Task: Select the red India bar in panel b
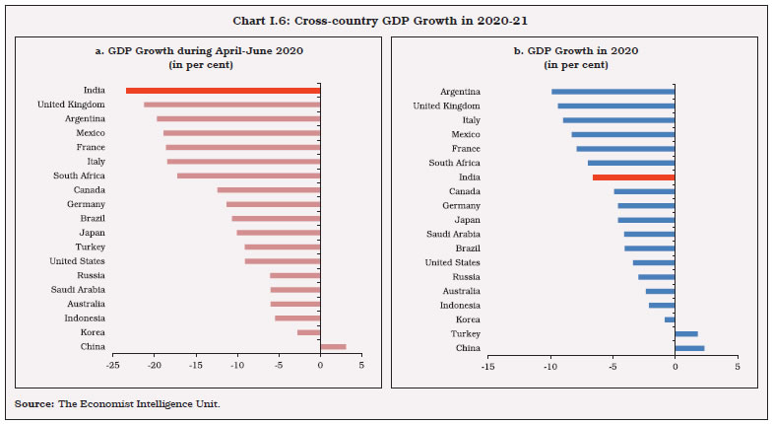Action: (633, 177)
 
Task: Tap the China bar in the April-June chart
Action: (333, 347)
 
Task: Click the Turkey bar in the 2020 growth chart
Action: (686, 333)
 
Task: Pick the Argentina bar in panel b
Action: (612, 92)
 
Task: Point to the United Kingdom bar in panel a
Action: (231, 105)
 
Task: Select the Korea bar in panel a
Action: (308, 332)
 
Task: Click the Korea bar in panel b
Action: (670, 319)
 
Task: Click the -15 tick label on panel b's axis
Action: (486, 366)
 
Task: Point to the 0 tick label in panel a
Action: (320, 366)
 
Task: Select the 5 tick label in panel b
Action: (737, 366)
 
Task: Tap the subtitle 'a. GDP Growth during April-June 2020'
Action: (197, 50)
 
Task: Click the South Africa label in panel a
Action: (79, 176)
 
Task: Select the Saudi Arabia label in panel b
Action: (453, 234)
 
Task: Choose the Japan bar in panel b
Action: (646, 220)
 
